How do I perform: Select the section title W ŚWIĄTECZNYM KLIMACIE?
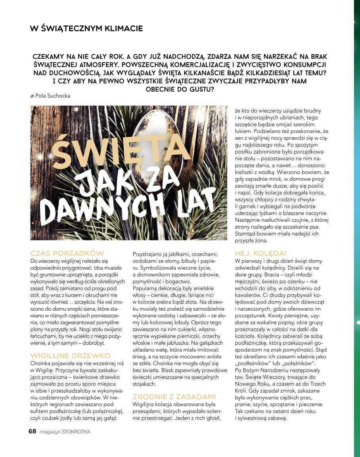(x=86, y=29)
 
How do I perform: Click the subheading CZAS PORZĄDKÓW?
(x=67, y=253)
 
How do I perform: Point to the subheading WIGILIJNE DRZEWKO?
(x=70, y=356)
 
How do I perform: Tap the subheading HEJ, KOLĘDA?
(x=260, y=253)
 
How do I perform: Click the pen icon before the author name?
(x=32, y=96)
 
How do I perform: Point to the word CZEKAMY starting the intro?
(x=51, y=57)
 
